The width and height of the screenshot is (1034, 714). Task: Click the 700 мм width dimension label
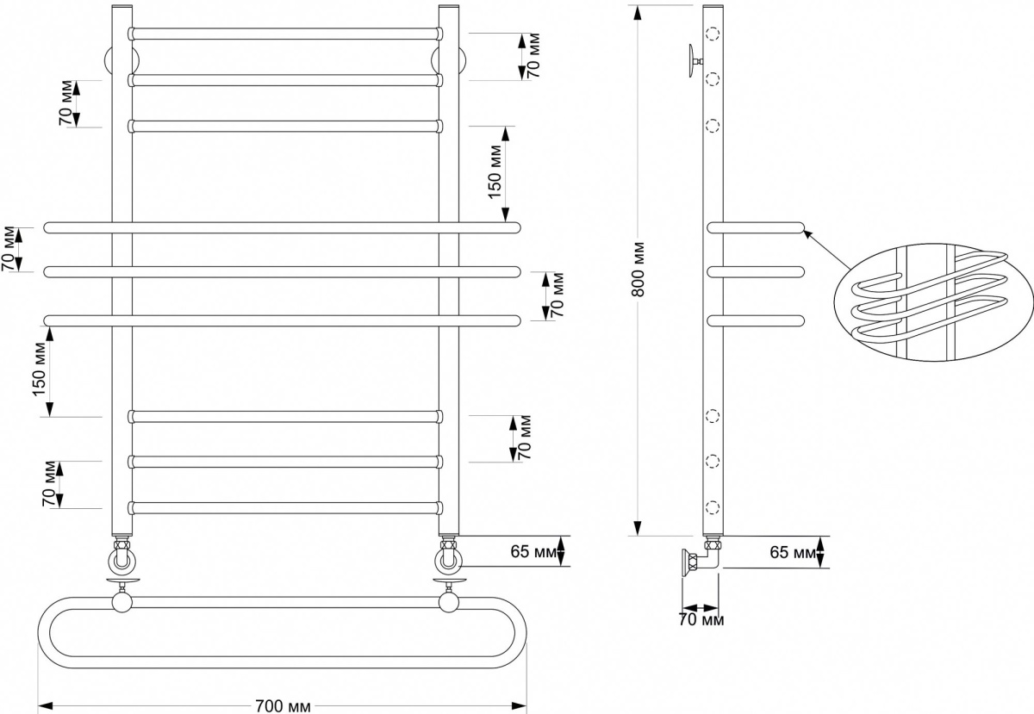pyautogui.click(x=283, y=705)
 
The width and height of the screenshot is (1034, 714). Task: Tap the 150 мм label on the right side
pyautogui.click(x=495, y=171)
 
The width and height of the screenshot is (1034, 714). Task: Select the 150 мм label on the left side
pyautogui.click(x=40, y=369)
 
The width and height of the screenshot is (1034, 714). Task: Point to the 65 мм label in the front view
pyautogui.click(x=533, y=551)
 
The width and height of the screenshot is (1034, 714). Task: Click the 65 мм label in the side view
pyautogui.click(x=792, y=552)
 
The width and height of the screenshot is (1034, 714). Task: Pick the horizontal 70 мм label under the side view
pyautogui.click(x=701, y=620)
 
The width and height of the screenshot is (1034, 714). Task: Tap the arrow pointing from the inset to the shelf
pyautogui.click(x=826, y=249)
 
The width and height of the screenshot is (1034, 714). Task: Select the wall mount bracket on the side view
pyautogui.click(x=695, y=61)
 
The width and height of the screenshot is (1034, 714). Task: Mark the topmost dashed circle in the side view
pyautogui.click(x=713, y=34)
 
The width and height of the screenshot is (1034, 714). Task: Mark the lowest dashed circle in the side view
pyautogui.click(x=713, y=507)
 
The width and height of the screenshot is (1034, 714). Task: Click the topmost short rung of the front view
pyautogui.click(x=285, y=34)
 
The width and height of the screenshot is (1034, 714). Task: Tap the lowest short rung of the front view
pyautogui.click(x=285, y=508)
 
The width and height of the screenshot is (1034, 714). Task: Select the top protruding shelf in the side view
pyautogui.click(x=756, y=228)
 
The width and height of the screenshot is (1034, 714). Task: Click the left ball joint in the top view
pyautogui.click(x=122, y=603)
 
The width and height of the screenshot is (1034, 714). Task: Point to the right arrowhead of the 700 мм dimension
pyautogui.click(x=520, y=705)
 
